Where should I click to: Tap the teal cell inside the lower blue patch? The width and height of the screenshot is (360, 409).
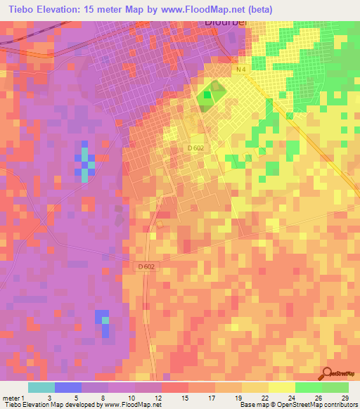pos(105,320)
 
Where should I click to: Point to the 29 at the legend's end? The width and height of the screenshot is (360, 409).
pos(345,398)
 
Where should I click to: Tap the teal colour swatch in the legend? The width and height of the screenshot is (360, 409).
pos(41,387)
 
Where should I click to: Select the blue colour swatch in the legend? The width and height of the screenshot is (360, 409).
pos(68,387)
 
